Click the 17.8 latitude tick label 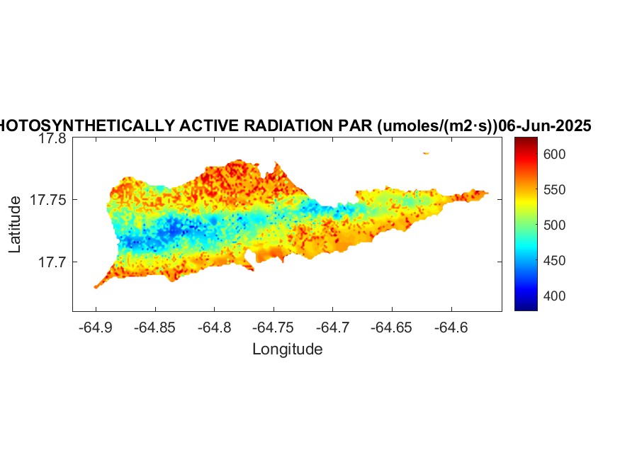[x=52, y=139]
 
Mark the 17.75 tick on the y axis [x=48, y=201]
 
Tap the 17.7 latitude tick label [x=52, y=262]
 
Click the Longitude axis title [x=287, y=349]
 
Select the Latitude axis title [x=16, y=225]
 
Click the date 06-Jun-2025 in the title [x=545, y=126]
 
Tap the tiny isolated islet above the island [x=426, y=153]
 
